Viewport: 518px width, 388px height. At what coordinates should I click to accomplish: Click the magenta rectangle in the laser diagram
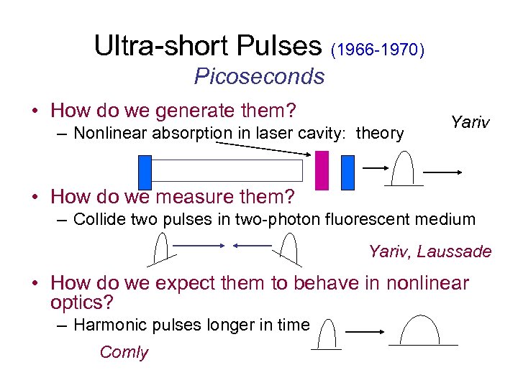322,170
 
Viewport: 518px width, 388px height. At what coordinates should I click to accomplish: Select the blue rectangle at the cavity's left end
145,171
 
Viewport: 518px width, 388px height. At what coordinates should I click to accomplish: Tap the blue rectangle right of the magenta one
347,172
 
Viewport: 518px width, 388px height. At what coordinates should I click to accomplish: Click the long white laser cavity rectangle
227,170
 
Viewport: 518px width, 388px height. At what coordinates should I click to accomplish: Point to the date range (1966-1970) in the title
378,50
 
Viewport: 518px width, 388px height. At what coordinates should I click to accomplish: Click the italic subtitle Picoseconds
259,76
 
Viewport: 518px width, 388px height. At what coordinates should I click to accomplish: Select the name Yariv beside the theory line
470,122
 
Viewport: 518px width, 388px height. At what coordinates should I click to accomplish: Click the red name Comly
124,352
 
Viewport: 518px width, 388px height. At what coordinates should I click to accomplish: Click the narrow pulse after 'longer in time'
327,334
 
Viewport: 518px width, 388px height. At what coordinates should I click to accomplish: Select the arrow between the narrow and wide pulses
367,333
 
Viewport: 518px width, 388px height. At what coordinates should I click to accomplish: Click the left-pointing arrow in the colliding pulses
251,245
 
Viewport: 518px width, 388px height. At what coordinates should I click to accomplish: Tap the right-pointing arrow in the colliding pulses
199,245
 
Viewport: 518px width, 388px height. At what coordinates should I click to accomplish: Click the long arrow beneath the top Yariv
442,172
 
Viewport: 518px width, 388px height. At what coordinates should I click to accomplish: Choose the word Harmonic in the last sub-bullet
104,325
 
